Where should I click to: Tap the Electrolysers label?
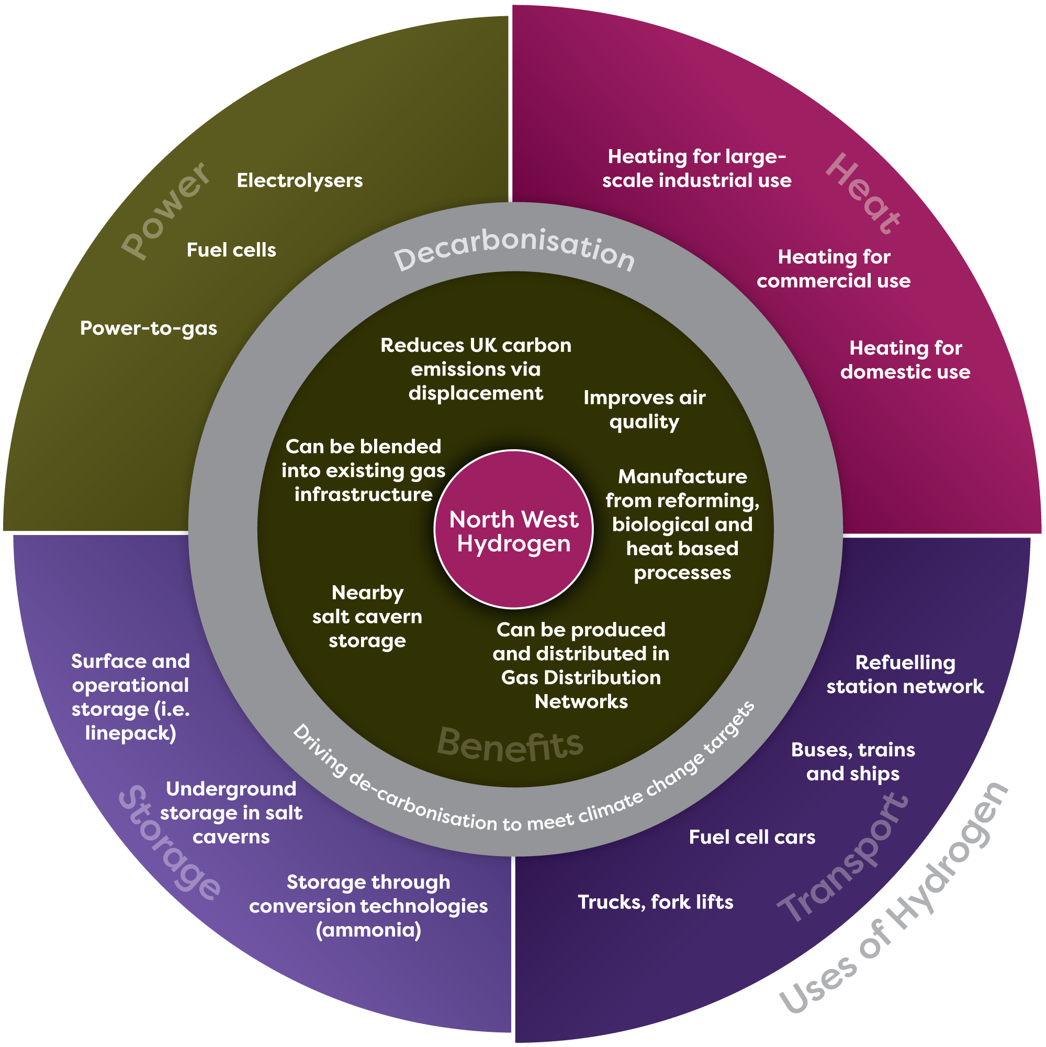click(299, 180)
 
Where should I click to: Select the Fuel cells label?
click(231, 250)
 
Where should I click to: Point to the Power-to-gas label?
click(148, 328)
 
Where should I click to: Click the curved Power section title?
click(165, 210)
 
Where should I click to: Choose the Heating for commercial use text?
click(833, 269)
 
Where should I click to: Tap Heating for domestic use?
click(905, 360)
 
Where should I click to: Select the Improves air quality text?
click(644, 409)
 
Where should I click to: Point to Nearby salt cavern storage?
click(367, 617)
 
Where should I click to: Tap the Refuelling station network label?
click(905, 675)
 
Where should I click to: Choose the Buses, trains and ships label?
click(852, 761)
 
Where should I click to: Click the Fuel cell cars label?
click(751, 837)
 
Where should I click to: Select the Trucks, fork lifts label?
click(655, 902)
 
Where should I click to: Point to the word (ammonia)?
click(368, 930)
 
